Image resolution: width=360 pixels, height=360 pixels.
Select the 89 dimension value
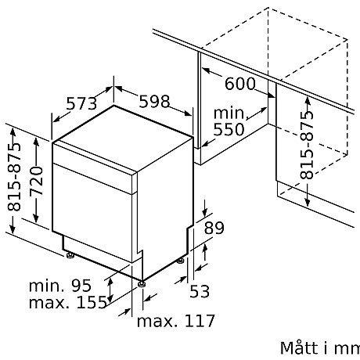[x=214, y=229]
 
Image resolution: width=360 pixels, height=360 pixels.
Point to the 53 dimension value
[x=200, y=293]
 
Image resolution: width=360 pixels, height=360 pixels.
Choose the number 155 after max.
[x=91, y=303]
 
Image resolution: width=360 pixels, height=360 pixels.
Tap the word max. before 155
[x=48, y=303]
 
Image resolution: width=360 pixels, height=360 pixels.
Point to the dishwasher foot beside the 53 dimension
[x=182, y=260]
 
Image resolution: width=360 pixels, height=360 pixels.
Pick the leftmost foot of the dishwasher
[x=71, y=254]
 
